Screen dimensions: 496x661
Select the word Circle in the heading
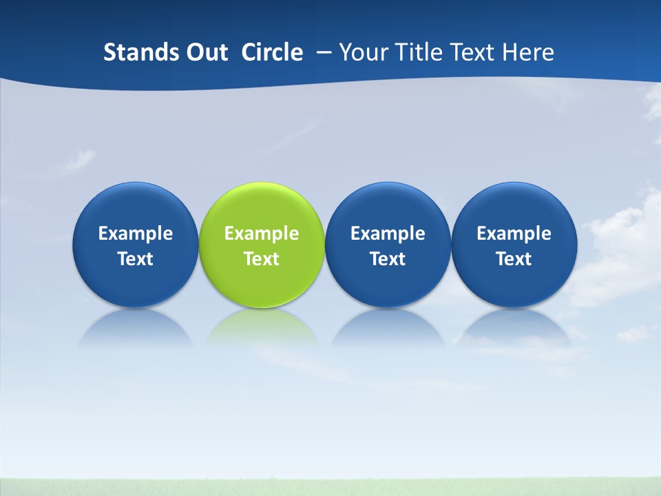click(x=272, y=52)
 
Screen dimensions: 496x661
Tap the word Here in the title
click(x=528, y=52)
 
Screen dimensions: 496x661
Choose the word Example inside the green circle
click(x=262, y=234)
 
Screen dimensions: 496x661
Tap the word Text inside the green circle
click(x=262, y=259)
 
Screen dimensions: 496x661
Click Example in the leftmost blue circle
click(x=136, y=234)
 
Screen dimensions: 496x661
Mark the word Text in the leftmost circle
click(x=136, y=259)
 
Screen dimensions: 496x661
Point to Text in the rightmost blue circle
click(x=514, y=259)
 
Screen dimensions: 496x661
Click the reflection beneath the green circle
click(x=262, y=327)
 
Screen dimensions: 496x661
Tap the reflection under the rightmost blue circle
click(x=514, y=327)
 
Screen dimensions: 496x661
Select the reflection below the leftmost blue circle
click(x=136, y=327)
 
